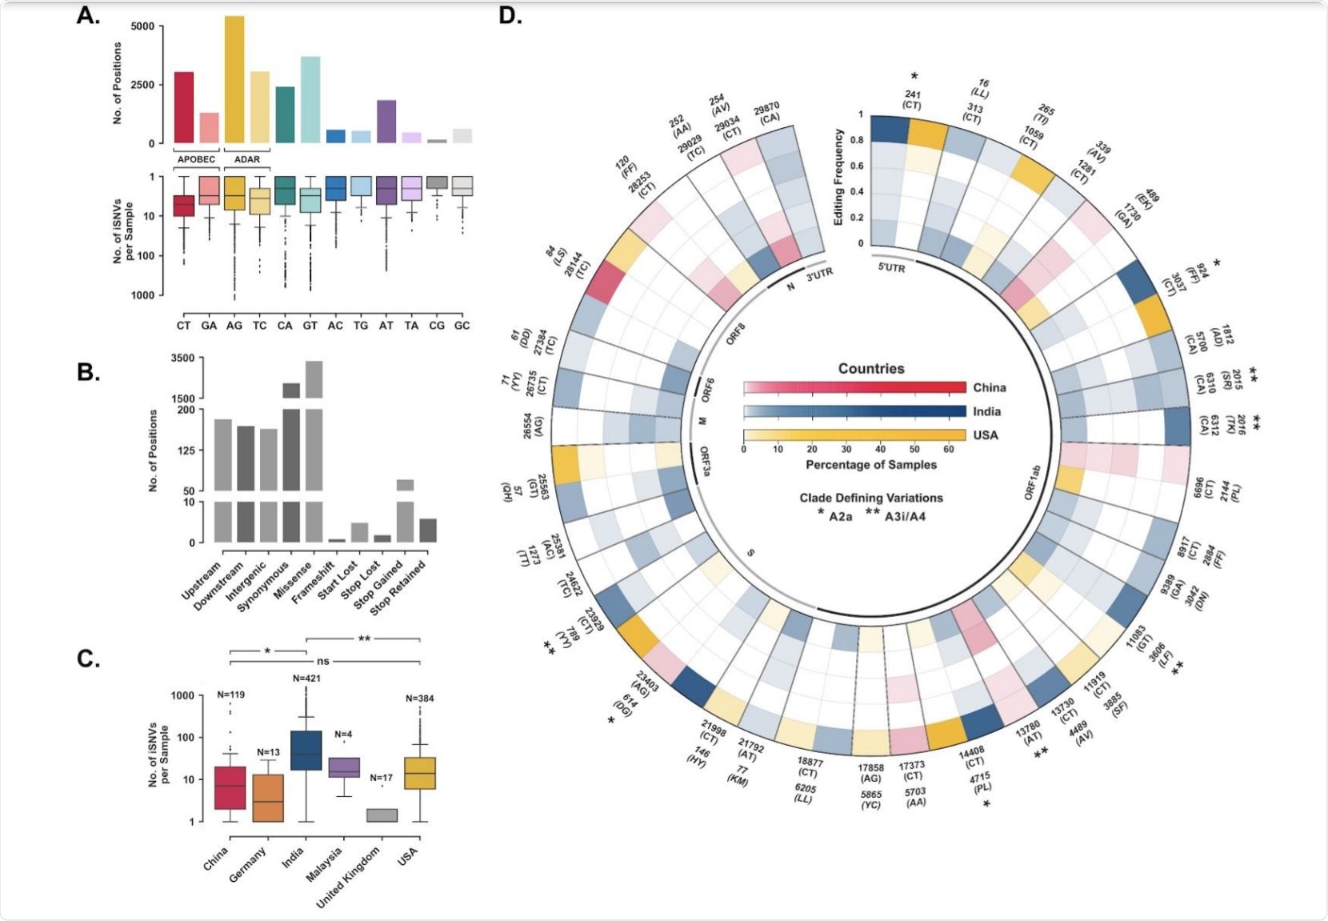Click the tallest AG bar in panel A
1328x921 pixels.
coord(234,80)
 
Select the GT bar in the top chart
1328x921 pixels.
coord(310,100)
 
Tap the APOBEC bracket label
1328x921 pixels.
coord(195,159)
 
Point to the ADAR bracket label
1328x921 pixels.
coord(246,159)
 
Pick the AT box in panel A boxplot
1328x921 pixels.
coord(386,190)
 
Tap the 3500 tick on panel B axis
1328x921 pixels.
coord(182,358)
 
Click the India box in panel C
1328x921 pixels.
coord(306,750)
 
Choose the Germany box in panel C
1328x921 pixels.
coord(268,798)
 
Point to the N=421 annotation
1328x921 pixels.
coord(306,679)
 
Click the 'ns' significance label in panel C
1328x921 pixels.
coord(322,662)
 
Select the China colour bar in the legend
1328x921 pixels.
coord(854,388)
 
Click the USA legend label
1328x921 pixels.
coord(986,435)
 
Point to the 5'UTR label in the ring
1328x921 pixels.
coord(890,268)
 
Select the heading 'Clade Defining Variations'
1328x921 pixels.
coord(870,498)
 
